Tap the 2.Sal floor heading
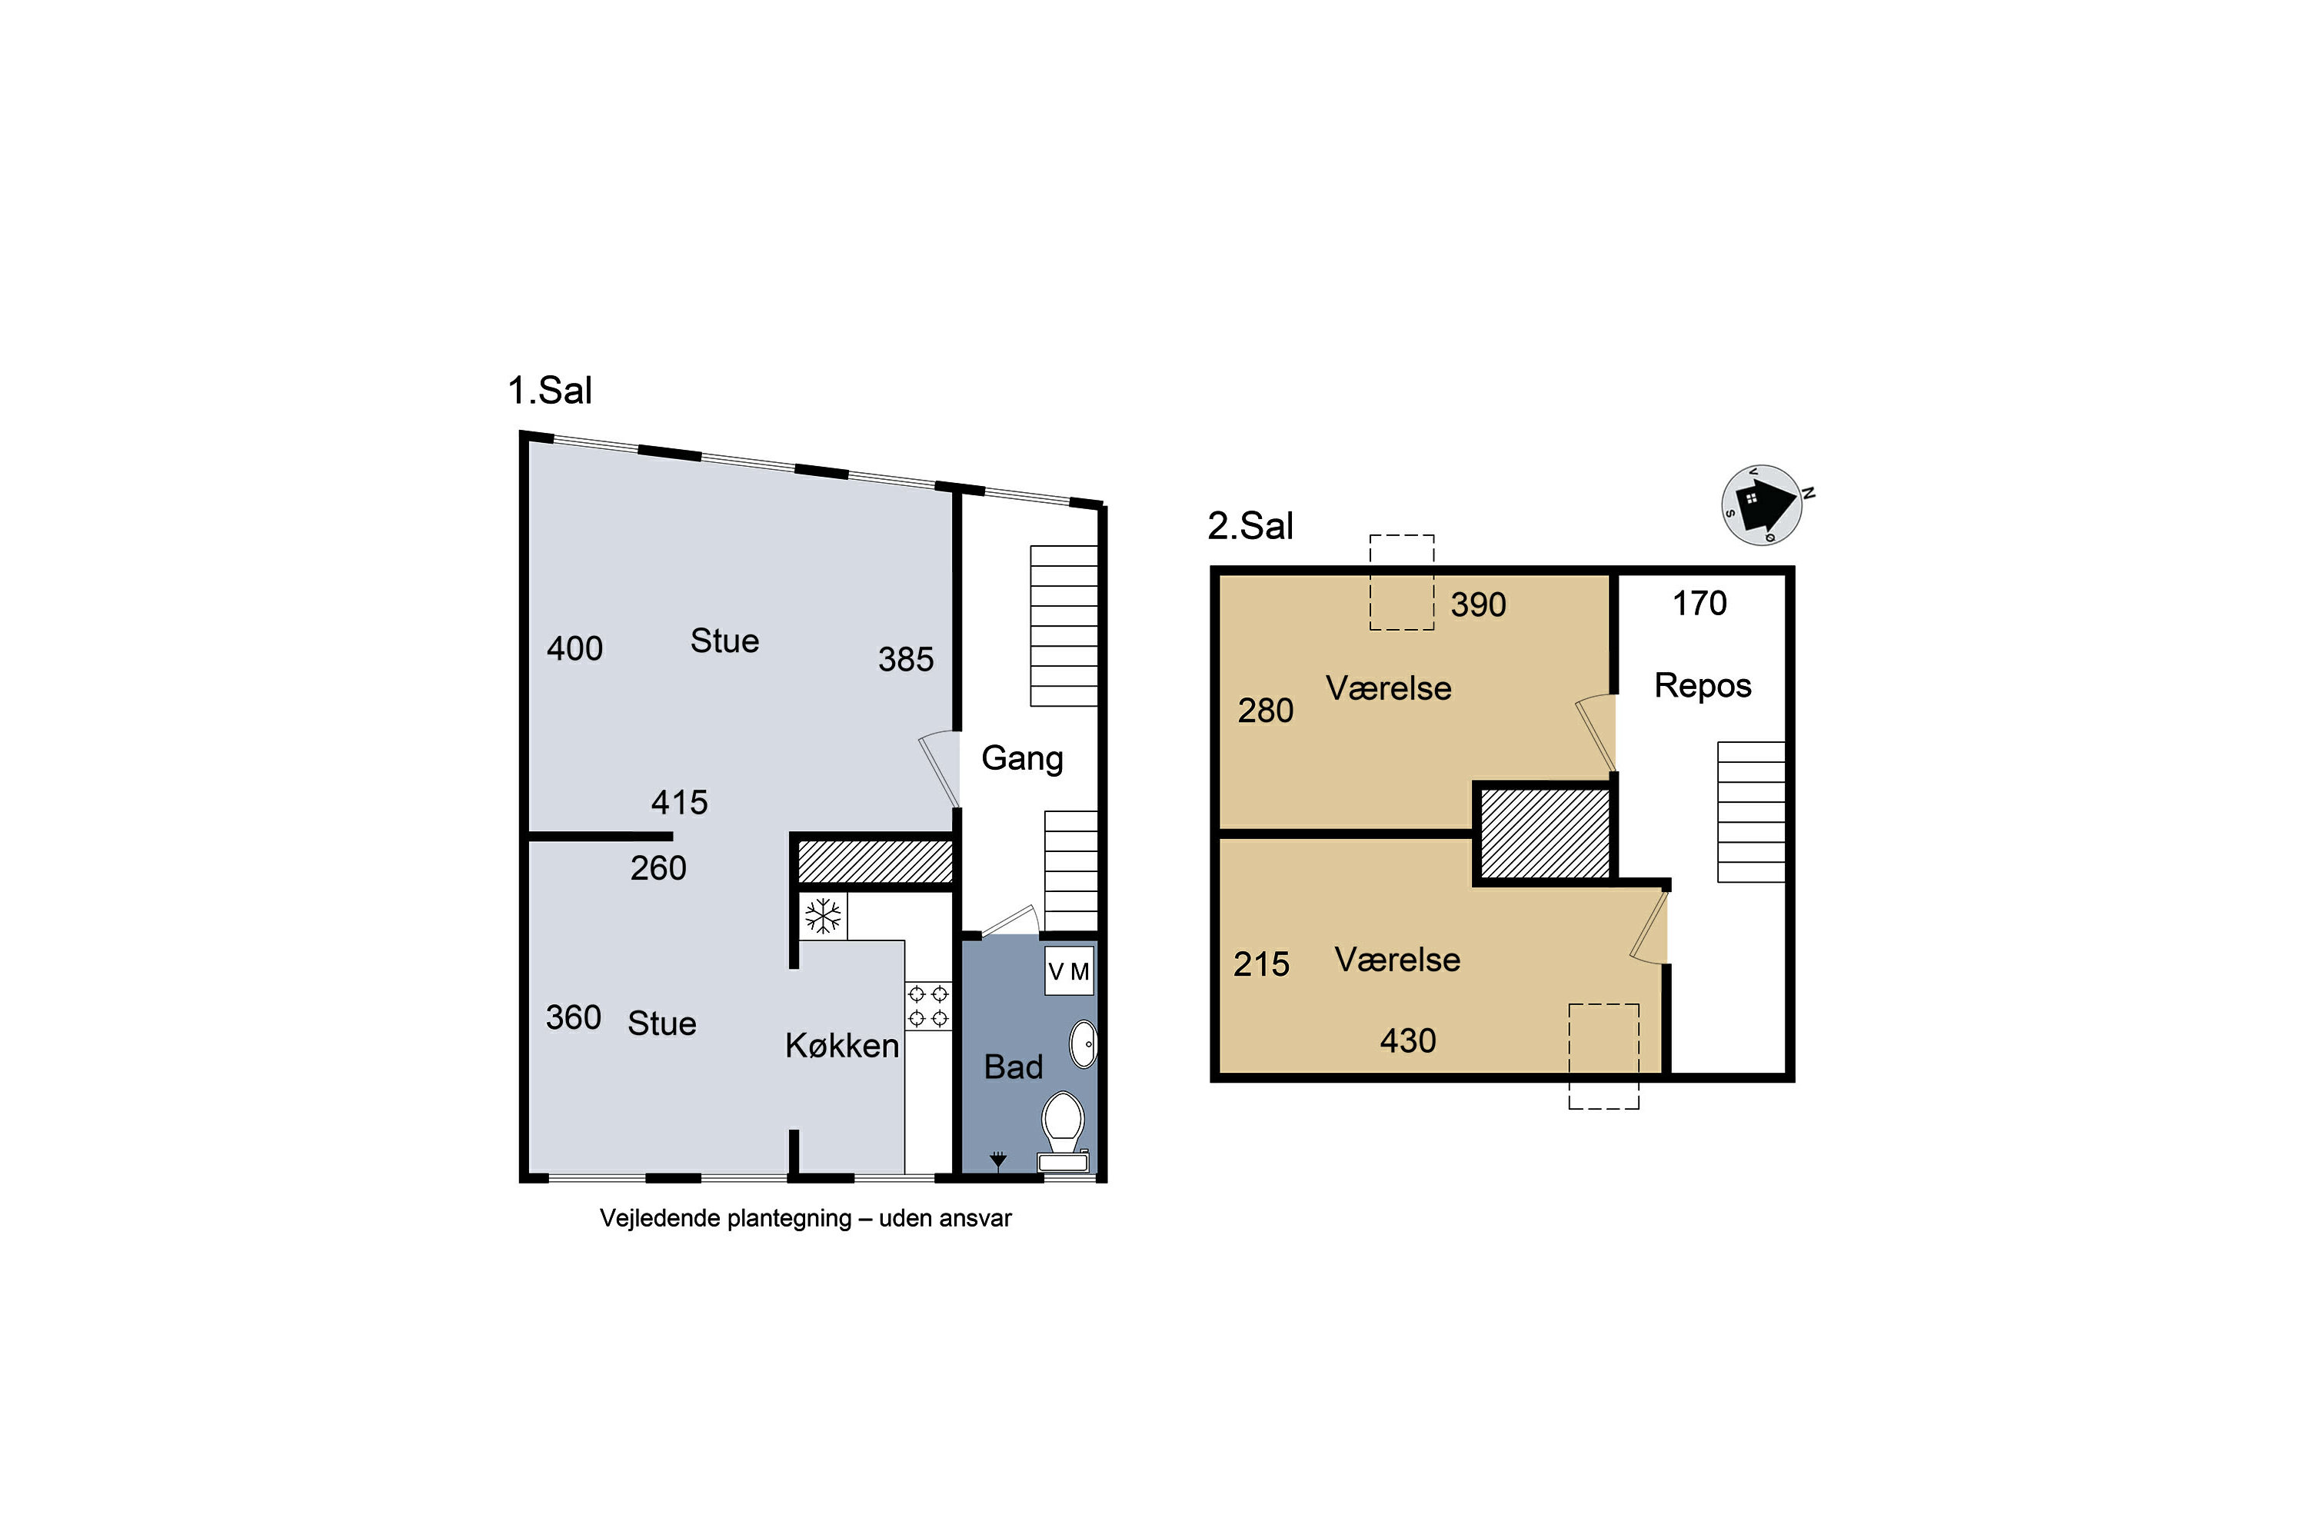coord(1250,526)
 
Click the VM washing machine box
coord(1068,971)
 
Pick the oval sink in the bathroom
coord(1083,1044)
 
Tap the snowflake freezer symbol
coord(823,916)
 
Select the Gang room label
coord(1022,758)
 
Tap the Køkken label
coord(841,1046)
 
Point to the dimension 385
coord(905,659)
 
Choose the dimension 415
coord(679,802)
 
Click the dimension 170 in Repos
coord(1699,603)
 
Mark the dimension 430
coord(1407,1040)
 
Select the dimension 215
coord(1261,964)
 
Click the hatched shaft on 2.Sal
coord(1545,834)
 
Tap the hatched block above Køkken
coord(875,861)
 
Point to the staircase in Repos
coord(1751,812)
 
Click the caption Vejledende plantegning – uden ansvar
coord(805,1218)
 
